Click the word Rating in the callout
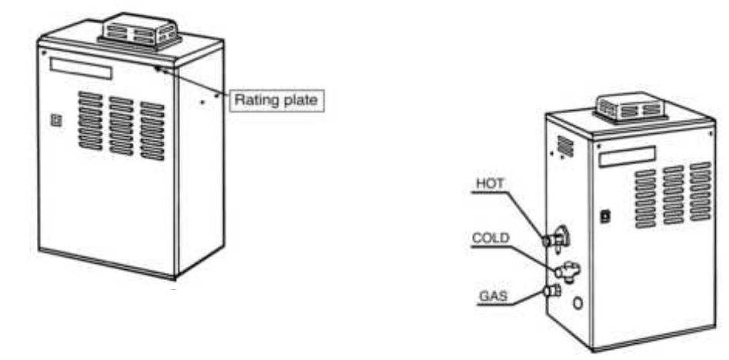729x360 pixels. [x=253, y=99]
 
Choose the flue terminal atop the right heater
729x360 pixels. [x=631, y=109]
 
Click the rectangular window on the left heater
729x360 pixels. [x=81, y=71]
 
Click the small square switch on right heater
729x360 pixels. [x=605, y=218]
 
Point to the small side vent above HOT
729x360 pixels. [x=566, y=145]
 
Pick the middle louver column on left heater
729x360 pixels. [x=121, y=125]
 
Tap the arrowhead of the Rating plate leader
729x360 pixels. [x=157, y=68]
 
